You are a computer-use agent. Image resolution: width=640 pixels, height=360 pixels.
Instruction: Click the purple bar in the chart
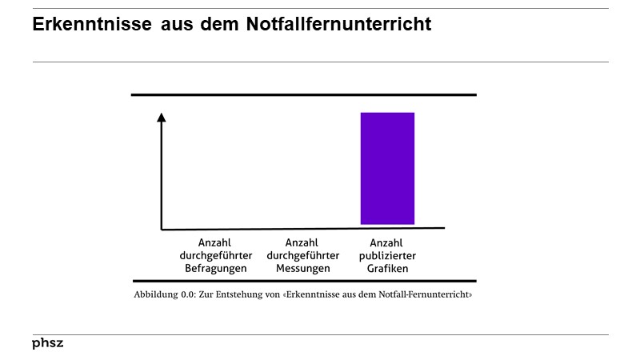click(x=387, y=168)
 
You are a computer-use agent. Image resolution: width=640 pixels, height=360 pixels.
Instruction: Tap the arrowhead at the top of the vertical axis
click(x=162, y=118)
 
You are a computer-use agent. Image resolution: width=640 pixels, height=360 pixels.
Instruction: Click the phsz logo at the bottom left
click(x=47, y=343)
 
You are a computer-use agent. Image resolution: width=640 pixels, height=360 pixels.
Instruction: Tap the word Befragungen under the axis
click(x=216, y=269)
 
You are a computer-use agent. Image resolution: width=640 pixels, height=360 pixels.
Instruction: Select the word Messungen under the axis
click(x=302, y=269)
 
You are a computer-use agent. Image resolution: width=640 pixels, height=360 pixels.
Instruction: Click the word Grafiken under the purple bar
click(x=387, y=269)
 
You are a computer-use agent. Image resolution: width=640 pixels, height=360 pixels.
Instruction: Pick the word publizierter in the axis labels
click(x=387, y=256)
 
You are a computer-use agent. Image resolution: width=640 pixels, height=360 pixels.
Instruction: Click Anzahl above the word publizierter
click(x=387, y=243)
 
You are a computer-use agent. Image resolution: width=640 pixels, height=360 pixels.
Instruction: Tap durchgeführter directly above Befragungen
click(x=216, y=256)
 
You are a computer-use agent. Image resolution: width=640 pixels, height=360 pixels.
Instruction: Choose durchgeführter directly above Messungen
click(x=302, y=256)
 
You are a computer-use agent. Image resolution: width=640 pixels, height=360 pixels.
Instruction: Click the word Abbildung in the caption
click(x=155, y=294)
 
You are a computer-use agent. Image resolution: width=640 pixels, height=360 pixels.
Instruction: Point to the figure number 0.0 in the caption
click(x=186, y=294)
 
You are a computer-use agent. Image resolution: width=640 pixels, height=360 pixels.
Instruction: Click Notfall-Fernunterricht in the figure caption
click(x=429, y=294)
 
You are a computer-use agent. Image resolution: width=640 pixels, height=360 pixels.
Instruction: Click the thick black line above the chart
click(x=303, y=95)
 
